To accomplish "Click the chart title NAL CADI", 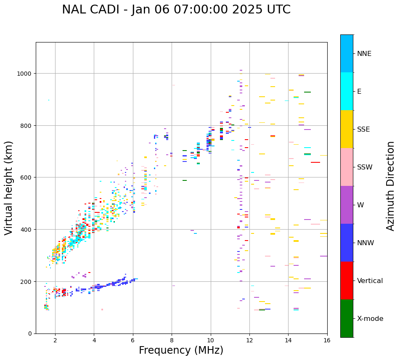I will pyautogui.click(x=176, y=10).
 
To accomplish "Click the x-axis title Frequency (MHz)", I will pyautogui.click(x=181, y=350).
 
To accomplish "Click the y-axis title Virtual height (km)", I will pyautogui.click(x=9, y=188).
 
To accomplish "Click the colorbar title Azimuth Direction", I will pyautogui.click(x=391, y=186).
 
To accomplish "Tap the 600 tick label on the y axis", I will pyautogui.click(x=26, y=177).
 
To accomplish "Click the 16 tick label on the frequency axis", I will pyautogui.click(x=327, y=341).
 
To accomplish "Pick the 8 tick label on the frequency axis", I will pyautogui.click(x=172, y=341).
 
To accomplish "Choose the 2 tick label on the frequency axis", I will pyautogui.click(x=55, y=341).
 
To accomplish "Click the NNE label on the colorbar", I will pyautogui.click(x=364, y=54).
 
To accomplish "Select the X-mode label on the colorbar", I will pyautogui.click(x=370, y=319).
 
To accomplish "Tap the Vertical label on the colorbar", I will pyautogui.click(x=370, y=281).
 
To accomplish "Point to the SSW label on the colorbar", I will pyautogui.click(x=365, y=167).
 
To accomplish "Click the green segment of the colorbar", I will pyautogui.click(x=347, y=318).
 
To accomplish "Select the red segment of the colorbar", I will pyautogui.click(x=347, y=281).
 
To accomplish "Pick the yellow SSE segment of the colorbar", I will pyautogui.click(x=347, y=129).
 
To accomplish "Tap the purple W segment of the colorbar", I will pyautogui.click(x=347, y=205).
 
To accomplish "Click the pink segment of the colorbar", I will pyautogui.click(x=347, y=167).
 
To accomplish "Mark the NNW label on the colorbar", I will pyautogui.click(x=366, y=243).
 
